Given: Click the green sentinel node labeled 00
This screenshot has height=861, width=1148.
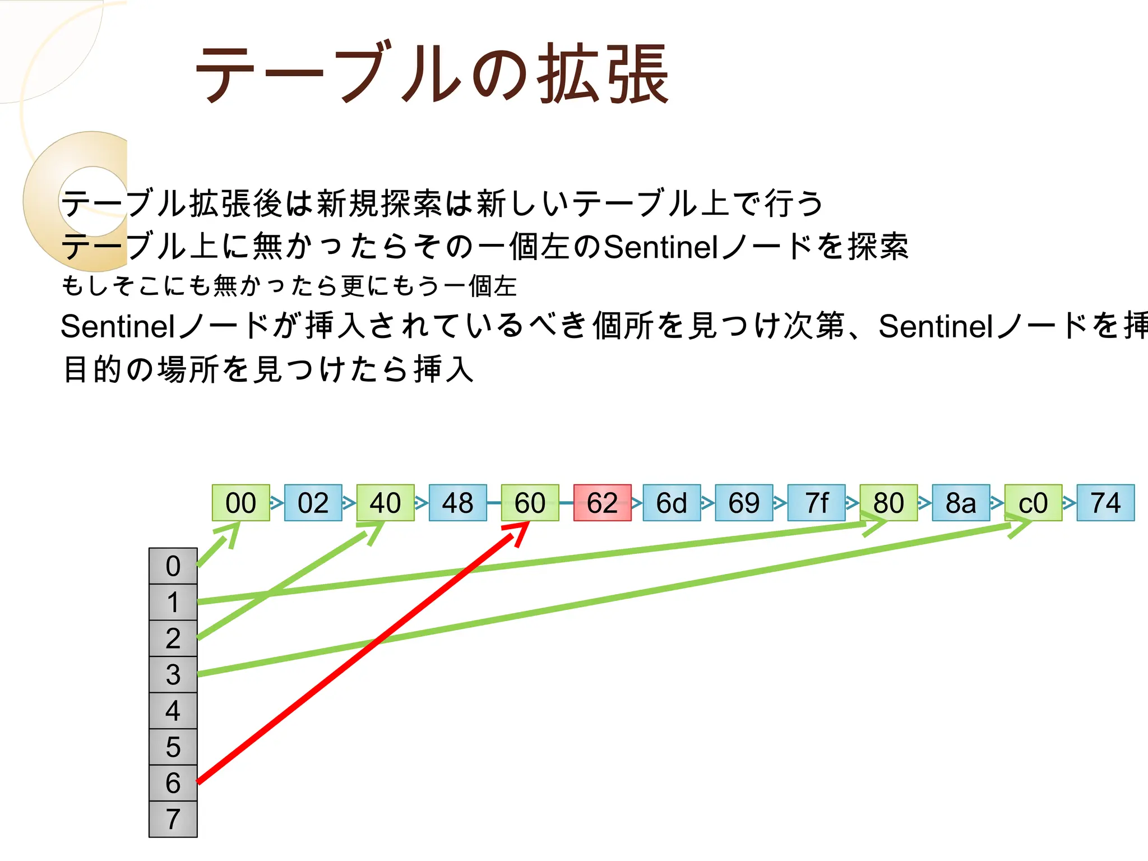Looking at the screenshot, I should pyautogui.click(x=240, y=503).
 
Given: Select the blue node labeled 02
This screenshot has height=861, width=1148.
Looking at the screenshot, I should pyautogui.click(x=313, y=503).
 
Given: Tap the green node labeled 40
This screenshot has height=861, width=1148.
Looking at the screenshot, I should pyautogui.click(x=385, y=503).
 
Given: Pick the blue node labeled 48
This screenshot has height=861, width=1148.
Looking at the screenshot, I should pyautogui.click(x=457, y=503).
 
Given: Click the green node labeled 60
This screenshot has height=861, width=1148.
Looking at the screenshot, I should pyautogui.click(x=530, y=503).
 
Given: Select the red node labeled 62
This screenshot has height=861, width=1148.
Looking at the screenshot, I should pyautogui.click(x=602, y=503).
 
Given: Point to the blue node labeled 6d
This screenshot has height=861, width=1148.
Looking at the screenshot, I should pyautogui.click(x=672, y=503).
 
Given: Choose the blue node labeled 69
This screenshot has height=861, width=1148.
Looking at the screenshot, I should pyautogui.click(x=744, y=503).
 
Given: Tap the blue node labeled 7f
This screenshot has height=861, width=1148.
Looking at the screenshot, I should pyautogui.click(x=816, y=503).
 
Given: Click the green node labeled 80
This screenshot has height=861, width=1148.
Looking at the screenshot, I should pyautogui.click(x=888, y=503).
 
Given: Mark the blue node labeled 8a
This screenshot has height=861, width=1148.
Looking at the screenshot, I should pyautogui.click(x=961, y=503).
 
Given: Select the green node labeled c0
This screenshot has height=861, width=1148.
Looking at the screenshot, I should pyautogui.click(x=1033, y=503).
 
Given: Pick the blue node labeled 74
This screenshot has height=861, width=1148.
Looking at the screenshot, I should pyautogui.click(x=1105, y=503).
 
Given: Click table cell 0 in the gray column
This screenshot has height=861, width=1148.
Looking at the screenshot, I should pyautogui.click(x=173, y=566).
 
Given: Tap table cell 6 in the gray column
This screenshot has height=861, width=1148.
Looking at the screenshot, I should pyautogui.click(x=173, y=783).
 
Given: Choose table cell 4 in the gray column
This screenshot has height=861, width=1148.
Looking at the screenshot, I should pyautogui.click(x=173, y=711).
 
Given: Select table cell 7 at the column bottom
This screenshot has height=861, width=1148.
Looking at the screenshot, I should pyautogui.click(x=173, y=819).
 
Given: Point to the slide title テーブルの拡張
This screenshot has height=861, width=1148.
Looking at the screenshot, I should pyautogui.click(x=432, y=74).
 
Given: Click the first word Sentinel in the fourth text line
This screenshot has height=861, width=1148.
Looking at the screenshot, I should pyautogui.click(x=118, y=326).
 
